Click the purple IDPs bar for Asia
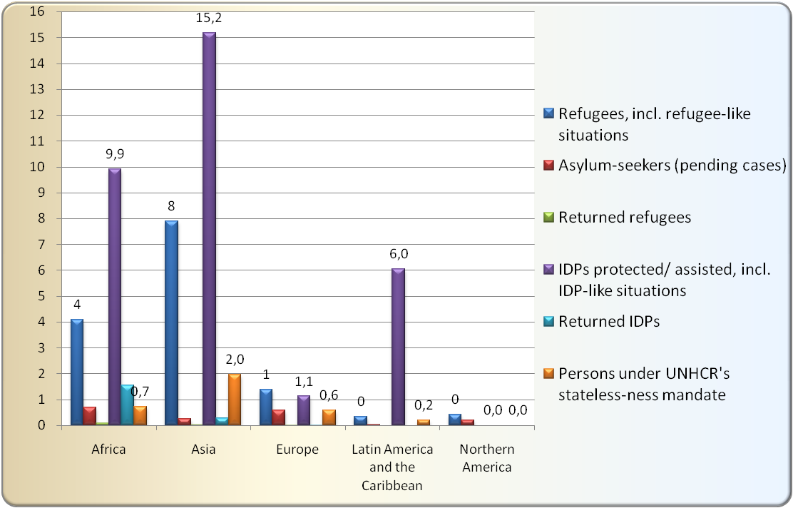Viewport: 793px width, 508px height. click(x=209, y=228)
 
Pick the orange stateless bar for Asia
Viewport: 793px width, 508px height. click(x=234, y=400)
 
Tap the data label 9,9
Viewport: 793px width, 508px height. click(x=115, y=153)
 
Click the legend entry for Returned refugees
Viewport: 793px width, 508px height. click(x=625, y=218)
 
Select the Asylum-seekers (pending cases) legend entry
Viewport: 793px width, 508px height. click(x=671, y=166)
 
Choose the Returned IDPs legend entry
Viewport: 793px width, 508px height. click(x=609, y=321)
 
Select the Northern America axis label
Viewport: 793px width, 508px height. click(x=486, y=458)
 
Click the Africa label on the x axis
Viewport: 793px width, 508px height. click(x=109, y=449)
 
